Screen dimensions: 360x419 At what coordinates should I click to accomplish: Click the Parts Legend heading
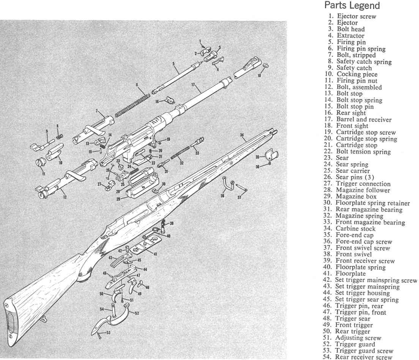coord(352,6)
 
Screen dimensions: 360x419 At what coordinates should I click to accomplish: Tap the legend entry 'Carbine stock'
coord(356,228)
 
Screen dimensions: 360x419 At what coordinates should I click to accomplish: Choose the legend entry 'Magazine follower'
coord(362,190)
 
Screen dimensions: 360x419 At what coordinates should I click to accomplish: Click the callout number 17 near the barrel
coord(193,85)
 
